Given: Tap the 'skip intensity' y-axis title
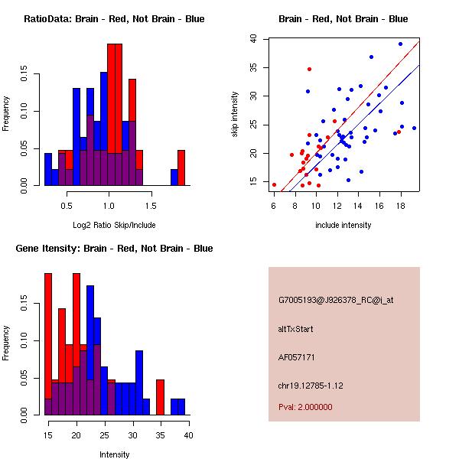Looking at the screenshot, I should pos(235,114).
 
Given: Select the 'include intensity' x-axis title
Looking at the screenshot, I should pos(343,225).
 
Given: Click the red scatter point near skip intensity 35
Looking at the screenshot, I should pos(309,69).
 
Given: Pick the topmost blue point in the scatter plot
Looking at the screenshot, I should pos(400,44).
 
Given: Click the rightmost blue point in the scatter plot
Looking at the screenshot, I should pos(414,128).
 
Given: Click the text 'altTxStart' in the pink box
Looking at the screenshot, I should pos(295,329).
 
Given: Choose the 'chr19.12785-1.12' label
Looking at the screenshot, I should pos(311,384).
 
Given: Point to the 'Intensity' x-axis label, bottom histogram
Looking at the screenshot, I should pos(114,454).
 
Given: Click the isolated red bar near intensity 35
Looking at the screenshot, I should pos(160,397).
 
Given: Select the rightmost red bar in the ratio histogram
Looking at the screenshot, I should pos(181,168).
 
